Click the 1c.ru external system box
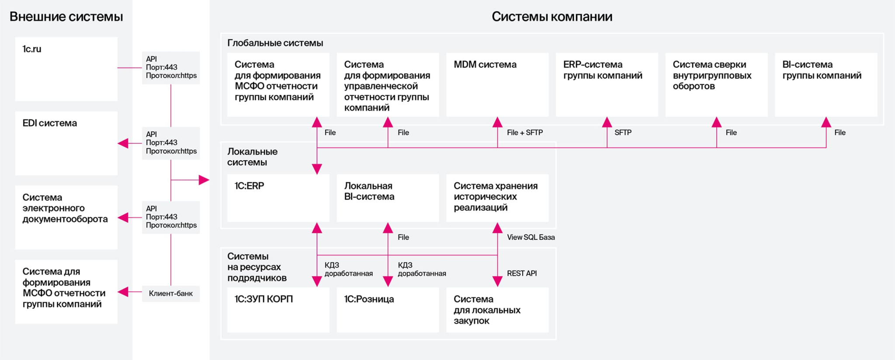click(66, 69)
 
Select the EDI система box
click(66, 143)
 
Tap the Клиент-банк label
click(170, 294)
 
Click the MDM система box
click(497, 85)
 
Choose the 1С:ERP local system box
click(278, 198)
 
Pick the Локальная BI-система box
click(388, 198)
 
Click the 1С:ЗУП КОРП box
click(278, 310)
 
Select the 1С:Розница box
click(388, 310)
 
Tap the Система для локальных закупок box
click(497, 310)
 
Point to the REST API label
click(522, 273)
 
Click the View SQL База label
click(531, 237)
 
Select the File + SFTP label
click(525, 132)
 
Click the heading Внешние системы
click(66, 17)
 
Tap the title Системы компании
click(552, 17)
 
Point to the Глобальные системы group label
click(275, 43)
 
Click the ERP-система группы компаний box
click(607, 85)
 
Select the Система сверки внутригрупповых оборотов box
click(717, 85)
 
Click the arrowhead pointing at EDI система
click(123, 143)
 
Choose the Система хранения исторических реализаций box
click(497, 198)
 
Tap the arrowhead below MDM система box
click(497, 122)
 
